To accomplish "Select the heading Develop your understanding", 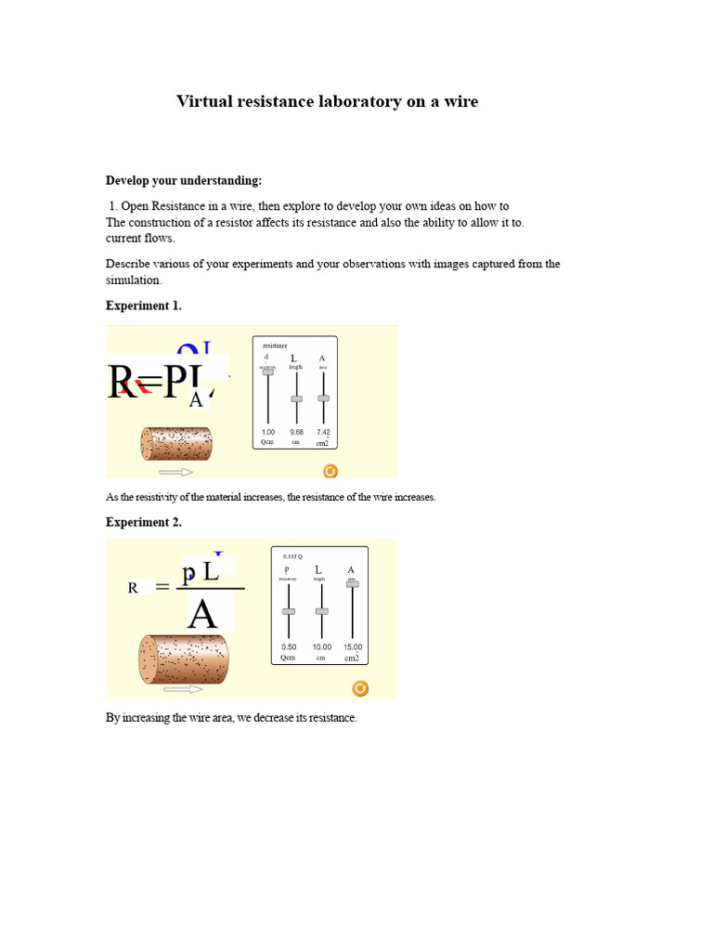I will point(184,180).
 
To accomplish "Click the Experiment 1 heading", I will point(144,306).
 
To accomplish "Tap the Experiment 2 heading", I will point(144,522).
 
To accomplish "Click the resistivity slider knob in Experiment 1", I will point(268,371).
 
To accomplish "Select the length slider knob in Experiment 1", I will point(296,398).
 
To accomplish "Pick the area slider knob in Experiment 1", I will point(323,397).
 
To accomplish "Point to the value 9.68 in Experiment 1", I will point(296,432).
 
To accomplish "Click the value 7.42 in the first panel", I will point(323,432).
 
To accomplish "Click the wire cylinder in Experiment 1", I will point(176,444).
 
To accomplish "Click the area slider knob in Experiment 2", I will point(352,583).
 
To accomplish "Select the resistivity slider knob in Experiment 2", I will point(289,611).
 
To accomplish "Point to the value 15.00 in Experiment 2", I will point(352,646).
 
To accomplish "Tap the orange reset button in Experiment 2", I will point(360,688).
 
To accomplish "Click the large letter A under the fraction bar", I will point(202,614).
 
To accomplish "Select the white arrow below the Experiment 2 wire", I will point(183,689).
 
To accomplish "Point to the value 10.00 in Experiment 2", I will point(321,646).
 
